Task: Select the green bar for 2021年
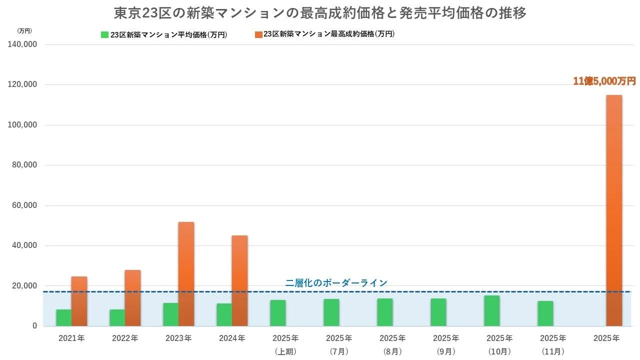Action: coord(63,318)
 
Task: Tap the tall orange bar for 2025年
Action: coord(614,210)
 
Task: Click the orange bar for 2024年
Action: coord(239,280)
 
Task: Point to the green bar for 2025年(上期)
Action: coord(277,313)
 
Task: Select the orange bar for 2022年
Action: coord(132,298)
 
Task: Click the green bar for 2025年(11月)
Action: coord(545,313)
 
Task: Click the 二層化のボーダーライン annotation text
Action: coord(336,283)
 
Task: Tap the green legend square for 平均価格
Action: coord(104,34)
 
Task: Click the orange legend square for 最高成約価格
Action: coord(258,34)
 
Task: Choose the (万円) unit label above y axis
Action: coord(24,30)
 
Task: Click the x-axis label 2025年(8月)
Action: coord(392,344)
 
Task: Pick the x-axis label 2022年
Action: coord(125,338)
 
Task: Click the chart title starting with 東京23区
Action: coord(320,12)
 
